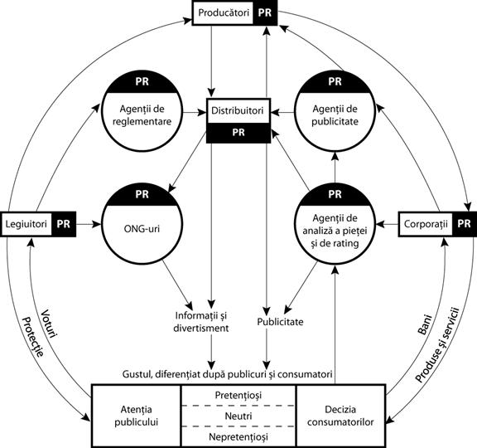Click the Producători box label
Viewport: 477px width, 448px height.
click(224, 14)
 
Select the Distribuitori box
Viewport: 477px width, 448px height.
click(238, 110)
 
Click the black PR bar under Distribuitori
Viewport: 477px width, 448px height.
click(238, 131)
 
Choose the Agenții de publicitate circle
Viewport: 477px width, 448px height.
click(335, 117)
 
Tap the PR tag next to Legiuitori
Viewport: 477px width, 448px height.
click(65, 224)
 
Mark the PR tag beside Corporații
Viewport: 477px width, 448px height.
click(465, 224)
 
